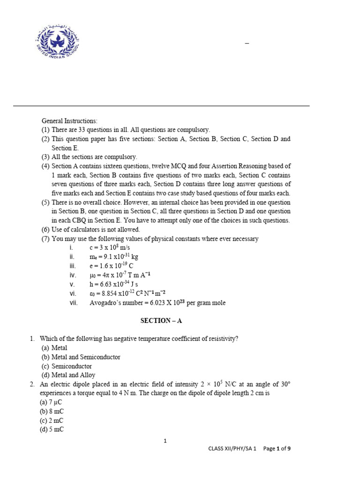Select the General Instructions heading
[x=69, y=121]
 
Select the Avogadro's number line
[x=157, y=303]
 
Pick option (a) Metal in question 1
[x=54, y=348]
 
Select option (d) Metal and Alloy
[x=68, y=375]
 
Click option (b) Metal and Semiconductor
[x=81, y=357]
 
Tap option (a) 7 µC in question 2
[x=52, y=402]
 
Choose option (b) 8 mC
[x=52, y=412]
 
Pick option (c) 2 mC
[x=52, y=420]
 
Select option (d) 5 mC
[x=52, y=429]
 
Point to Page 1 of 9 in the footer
[x=277, y=449]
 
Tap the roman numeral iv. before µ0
[x=72, y=275]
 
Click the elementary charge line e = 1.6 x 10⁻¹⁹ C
[x=112, y=266]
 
